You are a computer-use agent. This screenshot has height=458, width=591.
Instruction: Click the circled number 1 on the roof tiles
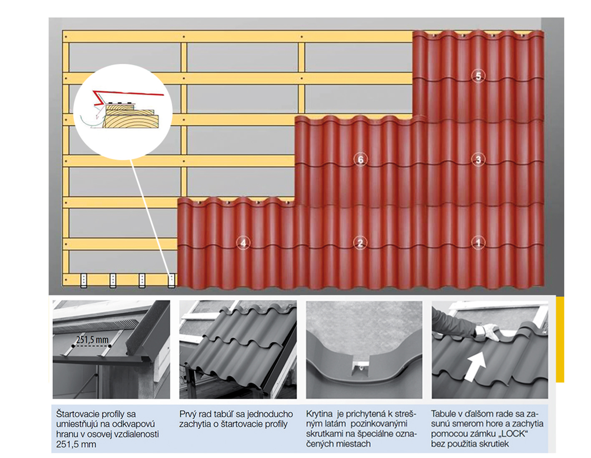(478, 243)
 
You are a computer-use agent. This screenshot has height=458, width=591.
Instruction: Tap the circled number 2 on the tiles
(360, 243)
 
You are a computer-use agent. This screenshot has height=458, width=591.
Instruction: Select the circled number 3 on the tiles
(478, 159)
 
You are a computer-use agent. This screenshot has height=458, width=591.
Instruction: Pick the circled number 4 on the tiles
(243, 243)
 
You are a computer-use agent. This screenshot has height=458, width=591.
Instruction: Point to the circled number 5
(478, 76)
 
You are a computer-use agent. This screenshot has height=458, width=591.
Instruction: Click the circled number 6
(360, 159)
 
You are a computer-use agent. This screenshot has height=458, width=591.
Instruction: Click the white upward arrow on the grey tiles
(476, 366)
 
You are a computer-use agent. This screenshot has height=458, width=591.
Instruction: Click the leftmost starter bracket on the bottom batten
(83, 280)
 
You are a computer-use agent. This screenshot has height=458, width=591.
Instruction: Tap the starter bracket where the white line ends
(171, 280)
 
